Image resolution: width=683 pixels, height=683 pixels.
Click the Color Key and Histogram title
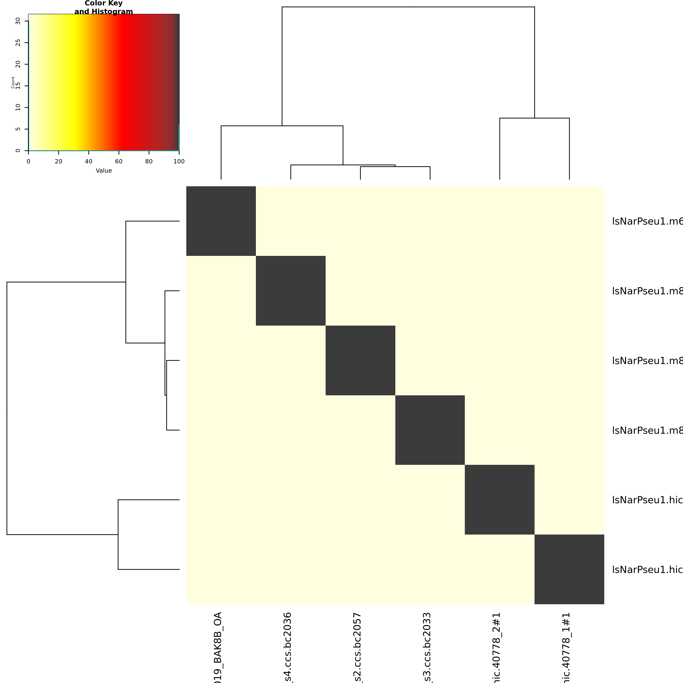point(104,7)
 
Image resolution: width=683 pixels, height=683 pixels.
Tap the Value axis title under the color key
point(104,171)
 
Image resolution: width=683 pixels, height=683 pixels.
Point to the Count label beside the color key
point(13,82)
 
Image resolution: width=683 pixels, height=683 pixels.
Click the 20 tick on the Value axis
point(58,162)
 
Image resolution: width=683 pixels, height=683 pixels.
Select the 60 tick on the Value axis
point(119,162)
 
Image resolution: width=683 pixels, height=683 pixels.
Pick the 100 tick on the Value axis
point(179,162)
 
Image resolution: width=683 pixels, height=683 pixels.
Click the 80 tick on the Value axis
point(149,162)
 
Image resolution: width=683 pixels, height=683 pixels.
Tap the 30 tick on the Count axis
point(18,21)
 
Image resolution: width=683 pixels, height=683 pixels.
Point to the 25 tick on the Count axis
point(18,43)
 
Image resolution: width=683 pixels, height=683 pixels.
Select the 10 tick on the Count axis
point(18,107)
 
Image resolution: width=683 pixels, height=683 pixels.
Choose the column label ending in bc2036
point(288,647)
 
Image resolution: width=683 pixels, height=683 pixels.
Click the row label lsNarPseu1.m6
point(647,221)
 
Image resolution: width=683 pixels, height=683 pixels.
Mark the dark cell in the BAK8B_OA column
point(221,221)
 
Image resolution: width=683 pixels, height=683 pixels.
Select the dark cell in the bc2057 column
point(360,360)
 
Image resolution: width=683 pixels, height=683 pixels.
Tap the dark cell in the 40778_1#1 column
point(569,569)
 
